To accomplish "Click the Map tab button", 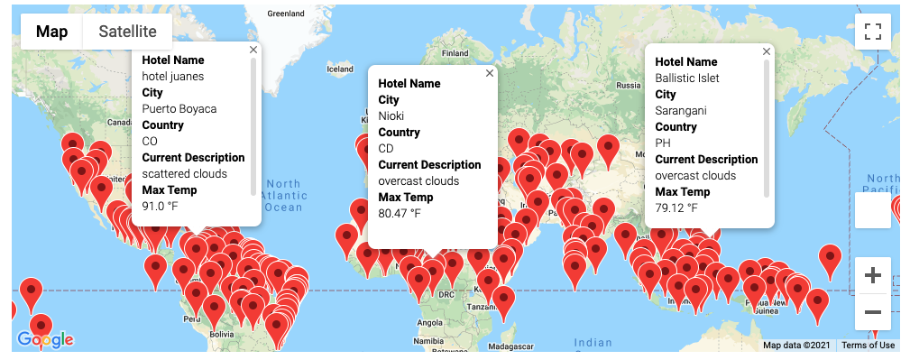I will click(x=51, y=32).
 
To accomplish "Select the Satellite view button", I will click(x=127, y=32).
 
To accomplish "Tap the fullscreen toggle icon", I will click(x=872, y=32).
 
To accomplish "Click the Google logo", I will click(x=45, y=339).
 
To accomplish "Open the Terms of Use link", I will click(x=869, y=346).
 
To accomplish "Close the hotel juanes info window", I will click(x=253, y=51).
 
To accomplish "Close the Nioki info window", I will click(x=490, y=73).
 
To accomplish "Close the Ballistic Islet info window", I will click(x=767, y=52).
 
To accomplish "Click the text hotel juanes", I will click(x=173, y=77).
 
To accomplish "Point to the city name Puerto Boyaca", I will click(x=179, y=109).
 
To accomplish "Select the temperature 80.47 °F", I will click(x=400, y=214).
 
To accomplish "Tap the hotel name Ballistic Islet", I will click(x=687, y=78).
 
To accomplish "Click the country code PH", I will click(x=662, y=143).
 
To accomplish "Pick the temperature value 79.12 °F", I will click(x=676, y=208).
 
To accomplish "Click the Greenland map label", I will click(x=287, y=14).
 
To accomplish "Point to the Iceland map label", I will click(x=339, y=69).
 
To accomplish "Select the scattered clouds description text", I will click(x=185, y=174).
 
